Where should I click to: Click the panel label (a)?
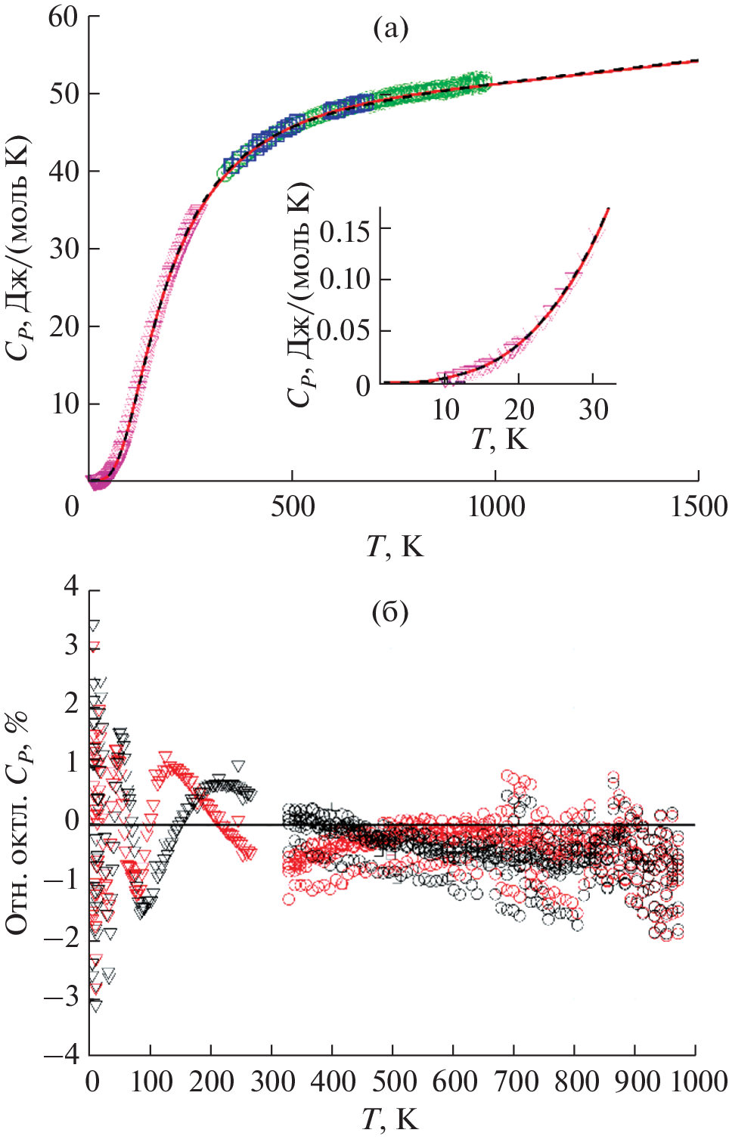391,29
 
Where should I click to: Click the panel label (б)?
390,611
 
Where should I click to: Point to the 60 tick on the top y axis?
64,17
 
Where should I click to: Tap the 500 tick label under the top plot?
293,506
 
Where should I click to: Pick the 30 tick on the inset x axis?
594,410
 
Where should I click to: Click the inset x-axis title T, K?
499,439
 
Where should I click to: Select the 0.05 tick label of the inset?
345,330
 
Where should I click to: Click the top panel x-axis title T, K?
395,546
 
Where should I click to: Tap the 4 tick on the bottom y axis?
72,586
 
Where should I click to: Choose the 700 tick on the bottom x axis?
515,1082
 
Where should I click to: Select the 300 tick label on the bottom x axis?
273,1082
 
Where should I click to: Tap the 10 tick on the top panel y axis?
65,404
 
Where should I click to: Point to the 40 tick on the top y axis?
64,172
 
